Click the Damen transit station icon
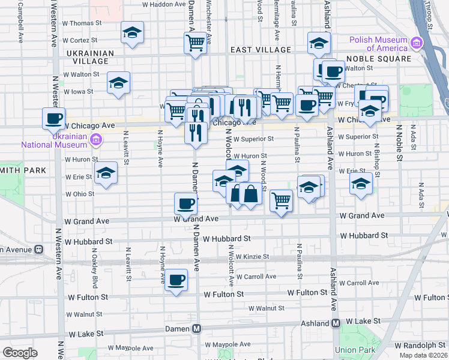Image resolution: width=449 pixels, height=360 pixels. [196, 329]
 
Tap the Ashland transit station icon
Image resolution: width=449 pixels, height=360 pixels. [336, 323]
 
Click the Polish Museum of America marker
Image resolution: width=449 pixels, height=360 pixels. [415, 43]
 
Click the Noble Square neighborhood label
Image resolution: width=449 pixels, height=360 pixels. [382, 59]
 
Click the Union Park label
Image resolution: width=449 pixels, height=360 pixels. [355, 350]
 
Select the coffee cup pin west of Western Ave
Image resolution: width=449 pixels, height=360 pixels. [53, 118]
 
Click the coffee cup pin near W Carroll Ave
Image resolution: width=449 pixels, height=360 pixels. [176, 280]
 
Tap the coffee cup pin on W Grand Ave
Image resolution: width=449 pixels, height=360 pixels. [186, 203]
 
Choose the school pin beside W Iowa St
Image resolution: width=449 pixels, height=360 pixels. [119, 82]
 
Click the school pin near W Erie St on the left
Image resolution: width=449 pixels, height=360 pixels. [106, 173]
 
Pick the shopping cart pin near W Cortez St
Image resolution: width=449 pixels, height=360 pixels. [195, 43]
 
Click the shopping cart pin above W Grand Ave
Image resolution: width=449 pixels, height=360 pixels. [281, 200]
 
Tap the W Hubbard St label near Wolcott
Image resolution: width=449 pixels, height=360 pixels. [226, 238]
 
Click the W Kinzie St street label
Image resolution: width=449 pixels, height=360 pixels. [252, 257]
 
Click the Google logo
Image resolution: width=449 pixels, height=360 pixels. [20, 353]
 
